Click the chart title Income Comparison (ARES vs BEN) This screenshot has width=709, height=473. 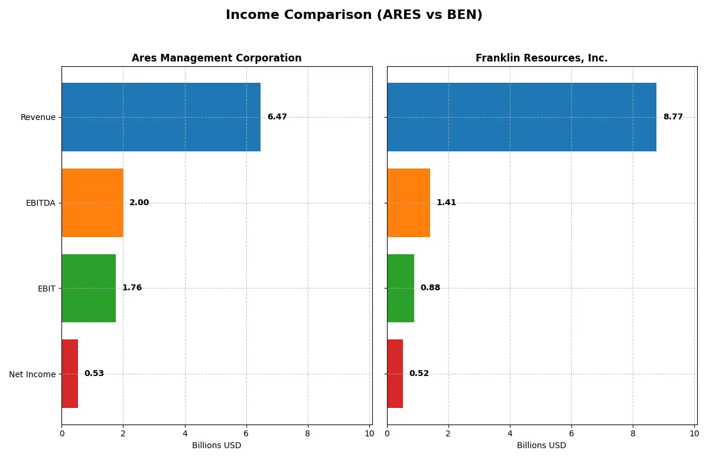click(x=354, y=15)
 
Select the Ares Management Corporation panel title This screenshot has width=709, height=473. click(x=216, y=58)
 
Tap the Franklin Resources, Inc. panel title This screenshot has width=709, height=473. click(x=541, y=58)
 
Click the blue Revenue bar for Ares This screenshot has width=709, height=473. click(x=161, y=117)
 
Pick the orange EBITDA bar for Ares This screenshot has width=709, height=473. click(x=92, y=203)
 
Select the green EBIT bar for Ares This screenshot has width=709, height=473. click(x=89, y=288)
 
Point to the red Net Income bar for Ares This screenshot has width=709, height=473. click(x=70, y=374)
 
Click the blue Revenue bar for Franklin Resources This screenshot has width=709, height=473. click(x=521, y=117)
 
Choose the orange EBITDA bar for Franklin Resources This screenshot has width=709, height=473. click(x=408, y=203)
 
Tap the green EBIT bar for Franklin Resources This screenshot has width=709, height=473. click(x=401, y=288)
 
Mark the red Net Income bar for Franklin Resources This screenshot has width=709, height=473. click(x=395, y=374)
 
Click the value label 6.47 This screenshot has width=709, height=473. click(x=277, y=117)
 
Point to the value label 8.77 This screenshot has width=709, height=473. click(x=673, y=117)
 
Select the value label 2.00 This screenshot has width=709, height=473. click(x=139, y=203)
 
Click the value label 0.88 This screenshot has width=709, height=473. click(x=430, y=288)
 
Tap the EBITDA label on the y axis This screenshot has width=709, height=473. click(x=40, y=203)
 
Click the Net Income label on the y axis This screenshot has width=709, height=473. click(x=32, y=374)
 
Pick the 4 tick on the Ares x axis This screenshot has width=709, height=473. click(x=185, y=433)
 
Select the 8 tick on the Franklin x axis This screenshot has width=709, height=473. click(x=633, y=433)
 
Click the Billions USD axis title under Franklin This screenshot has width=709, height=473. click(x=541, y=445)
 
